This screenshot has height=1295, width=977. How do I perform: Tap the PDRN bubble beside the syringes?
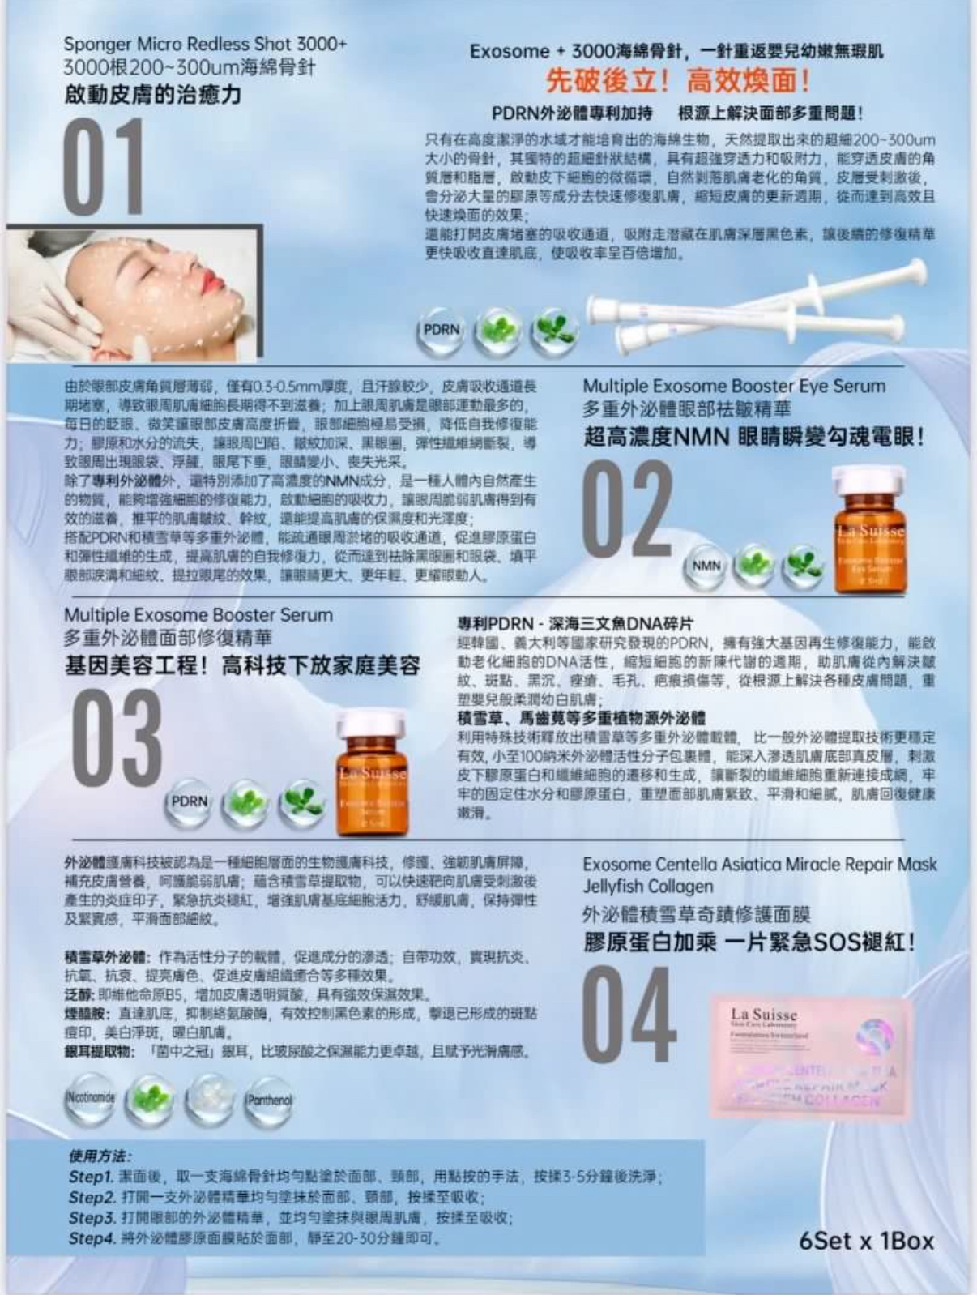pyautogui.click(x=441, y=331)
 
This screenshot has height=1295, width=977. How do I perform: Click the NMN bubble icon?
pyautogui.click(x=706, y=566)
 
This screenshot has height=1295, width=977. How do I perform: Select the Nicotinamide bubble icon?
pyautogui.click(x=89, y=1098)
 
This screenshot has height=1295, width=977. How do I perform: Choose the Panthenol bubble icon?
pyautogui.click(x=269, y=1101)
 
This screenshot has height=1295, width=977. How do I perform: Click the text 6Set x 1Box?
pyautogui.click(x=866, y=1241)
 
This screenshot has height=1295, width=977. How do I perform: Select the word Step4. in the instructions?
pyautogui.click(x=90, y=1238)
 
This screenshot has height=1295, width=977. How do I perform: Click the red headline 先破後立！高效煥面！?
pyautogui.click(x=677, y=81)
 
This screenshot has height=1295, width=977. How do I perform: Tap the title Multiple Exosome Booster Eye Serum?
pyautogui.click(x=734, y=387)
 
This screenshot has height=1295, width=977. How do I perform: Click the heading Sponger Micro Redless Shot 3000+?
pyautogui.click(x=205, y=44)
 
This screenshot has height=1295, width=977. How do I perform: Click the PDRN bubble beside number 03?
pyautogui.click(x=190, y=801)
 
